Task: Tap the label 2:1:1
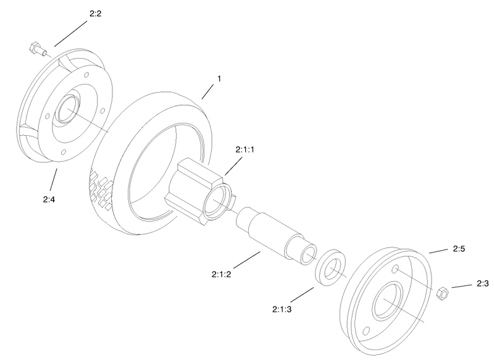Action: click(x=245, y=149)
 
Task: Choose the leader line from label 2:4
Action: click(x=54, y=180)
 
